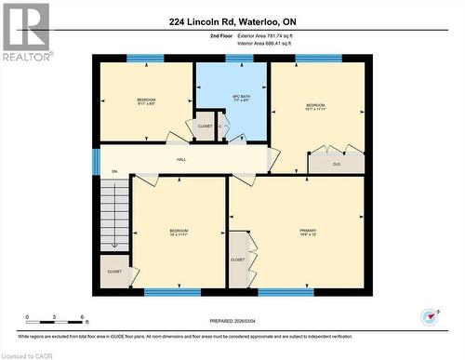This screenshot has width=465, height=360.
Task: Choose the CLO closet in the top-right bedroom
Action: [x=336, y=164]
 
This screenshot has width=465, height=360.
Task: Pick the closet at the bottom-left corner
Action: [x=114, y=271]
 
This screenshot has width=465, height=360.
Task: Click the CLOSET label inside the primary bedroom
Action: [x=238, y=260]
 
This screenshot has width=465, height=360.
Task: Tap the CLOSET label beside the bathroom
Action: [x=205, y=127]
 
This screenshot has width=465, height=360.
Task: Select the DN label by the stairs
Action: [x=114, y=172]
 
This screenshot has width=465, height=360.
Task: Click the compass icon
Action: [x=430, y=316]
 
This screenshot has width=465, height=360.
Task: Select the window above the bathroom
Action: [x=239, y=60]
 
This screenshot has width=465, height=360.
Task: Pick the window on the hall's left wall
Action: [x=96, y=161]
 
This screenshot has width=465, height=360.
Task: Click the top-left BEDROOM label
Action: [x=147, y=100]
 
